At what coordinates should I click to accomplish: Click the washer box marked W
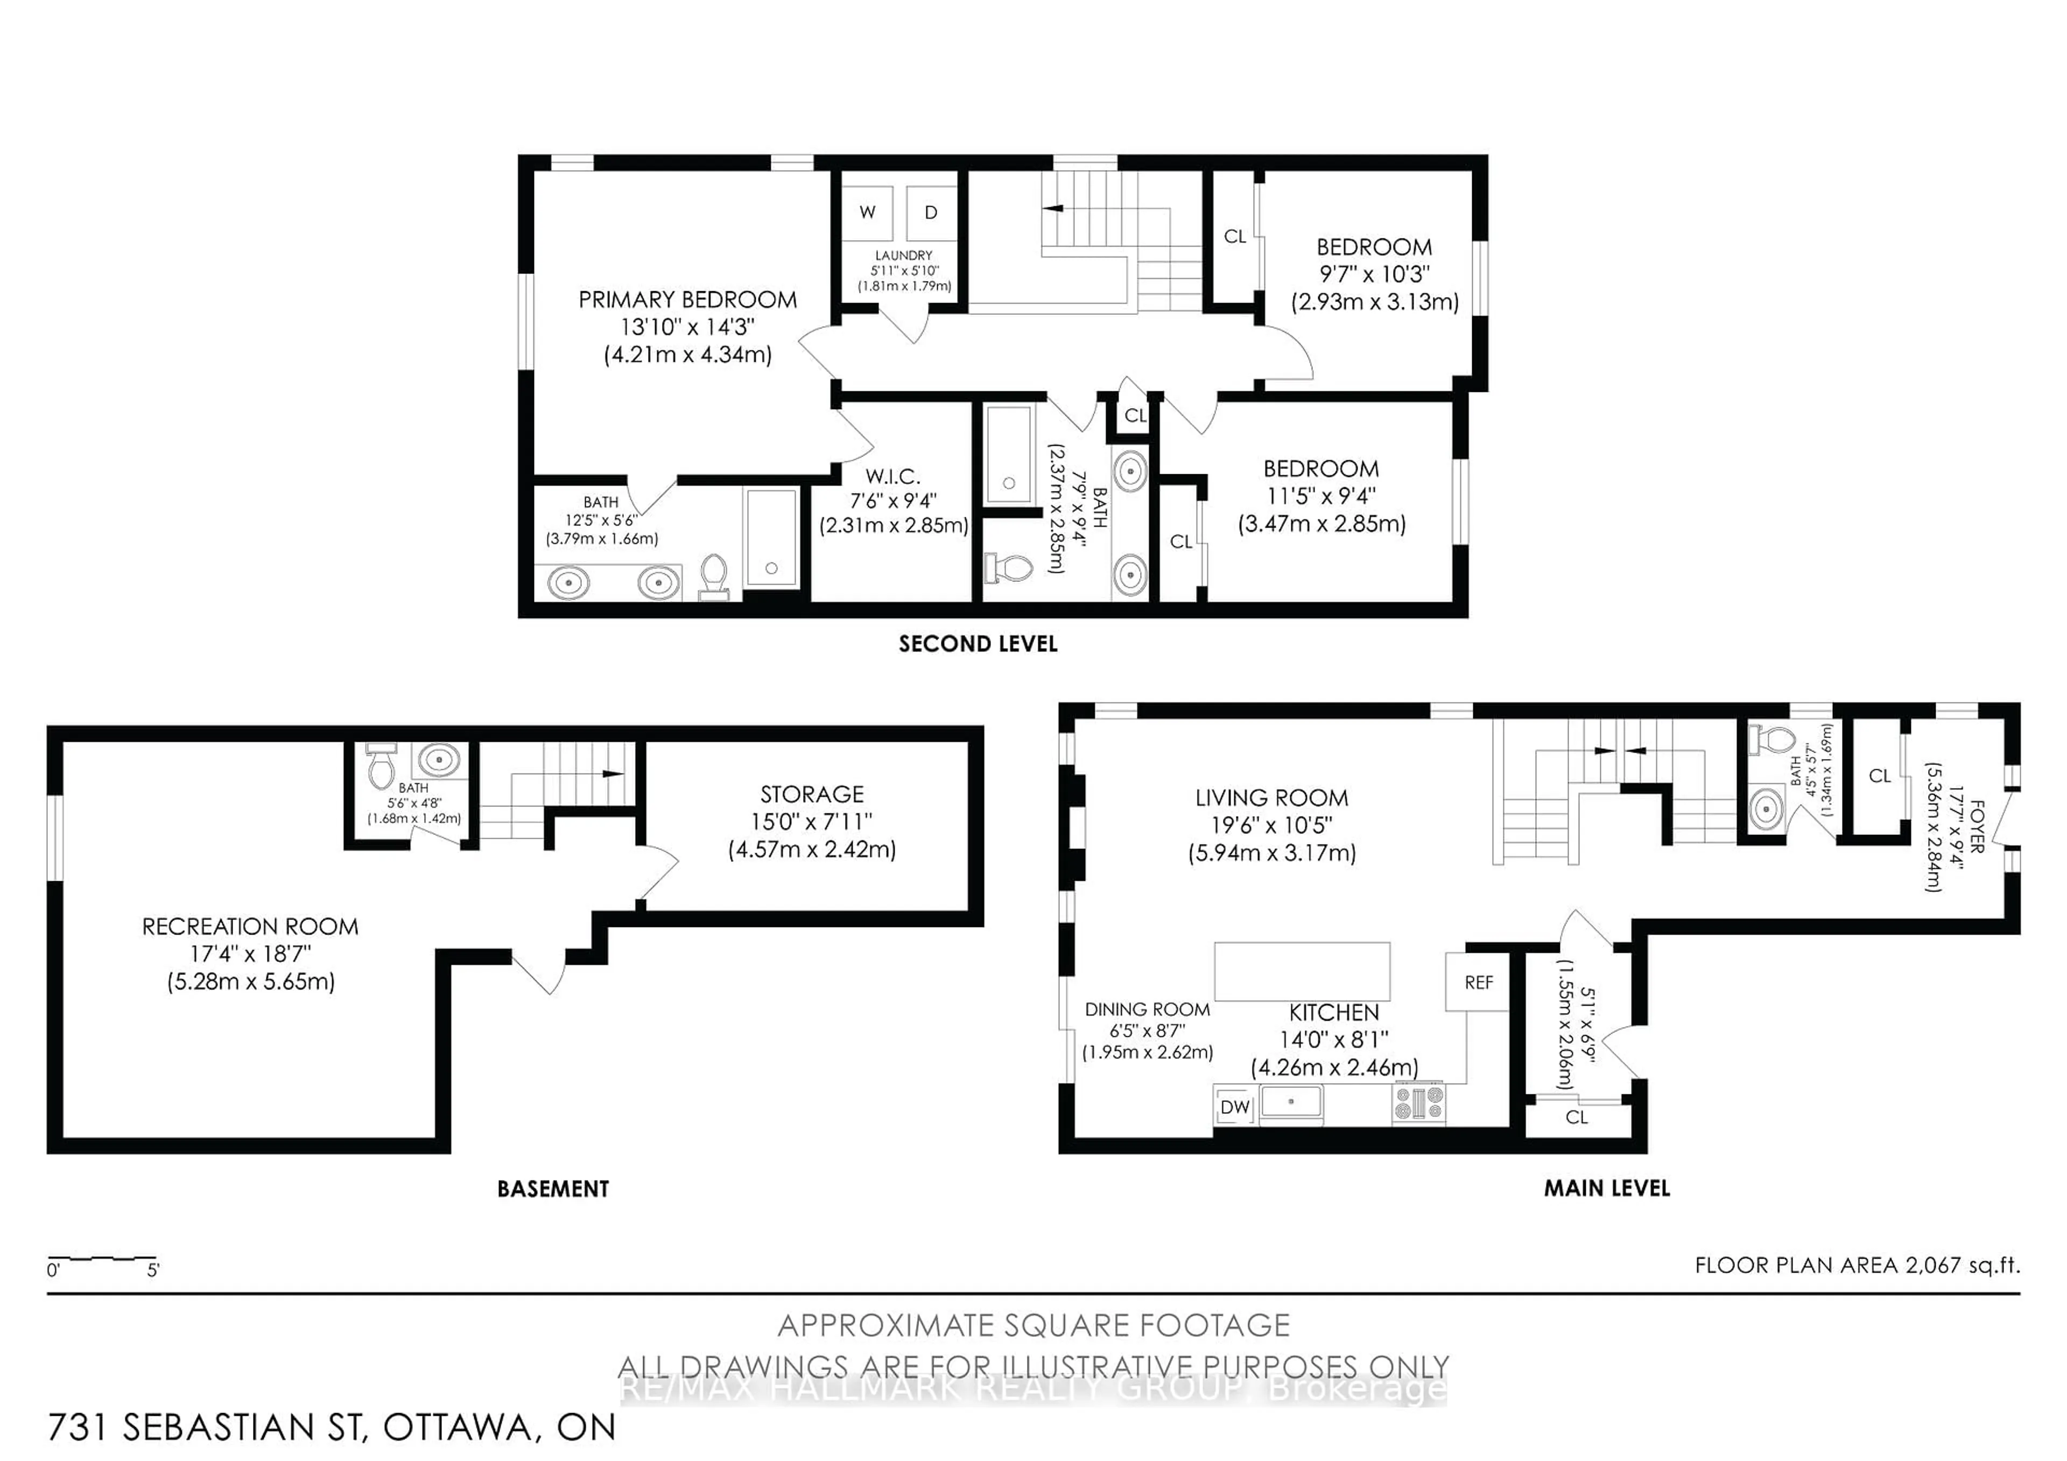[868, 213]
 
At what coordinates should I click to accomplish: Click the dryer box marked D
[931, 213]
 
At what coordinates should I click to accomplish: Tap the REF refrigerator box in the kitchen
[1478, 982]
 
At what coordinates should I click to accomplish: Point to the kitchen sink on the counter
[1291, 1102]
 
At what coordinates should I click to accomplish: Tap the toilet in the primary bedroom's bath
[714, 575]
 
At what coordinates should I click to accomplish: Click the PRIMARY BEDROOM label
[688, 300]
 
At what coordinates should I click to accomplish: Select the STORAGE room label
[812, 794]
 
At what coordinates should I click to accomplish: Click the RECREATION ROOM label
[250, 926]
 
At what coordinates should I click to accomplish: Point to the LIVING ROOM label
[1271, 798]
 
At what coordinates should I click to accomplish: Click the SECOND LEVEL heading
[978, 644]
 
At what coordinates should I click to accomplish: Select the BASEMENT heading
[553, 1189]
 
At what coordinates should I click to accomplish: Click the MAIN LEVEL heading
[1607, 1188]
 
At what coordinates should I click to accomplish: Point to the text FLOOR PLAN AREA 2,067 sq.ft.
[1857, 1265]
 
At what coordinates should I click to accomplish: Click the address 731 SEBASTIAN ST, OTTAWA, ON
[331, 1427]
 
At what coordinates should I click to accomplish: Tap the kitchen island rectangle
[1302, 971]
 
